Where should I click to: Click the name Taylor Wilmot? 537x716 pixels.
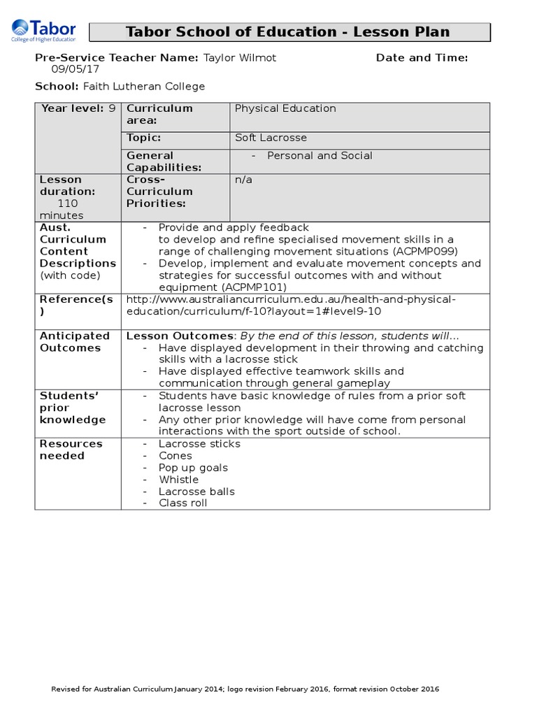(239, 57)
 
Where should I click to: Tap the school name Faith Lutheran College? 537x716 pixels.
(144, 86)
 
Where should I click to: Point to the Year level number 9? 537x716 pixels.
(112, 108)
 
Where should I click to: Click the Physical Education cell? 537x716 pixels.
(285, 108)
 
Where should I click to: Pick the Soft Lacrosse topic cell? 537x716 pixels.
(271, 138)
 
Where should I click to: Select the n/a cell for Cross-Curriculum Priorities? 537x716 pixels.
(243, 180)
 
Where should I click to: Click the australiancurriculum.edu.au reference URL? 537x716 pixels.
(290, 305)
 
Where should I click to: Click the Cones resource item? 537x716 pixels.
(175, 456)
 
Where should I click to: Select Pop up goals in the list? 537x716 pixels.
(193, 468)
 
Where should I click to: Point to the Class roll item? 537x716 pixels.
(182, 503)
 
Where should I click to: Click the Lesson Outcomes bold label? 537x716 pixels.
(180, 336)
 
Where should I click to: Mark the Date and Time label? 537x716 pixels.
(422, 57)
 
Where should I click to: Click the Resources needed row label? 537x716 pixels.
(71, 450)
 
